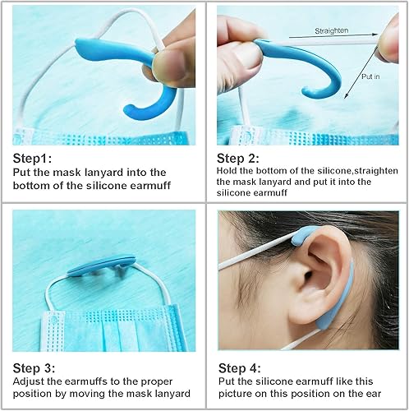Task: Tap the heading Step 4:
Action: [x=239, y=367]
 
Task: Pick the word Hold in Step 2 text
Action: [x=229, y=171]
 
